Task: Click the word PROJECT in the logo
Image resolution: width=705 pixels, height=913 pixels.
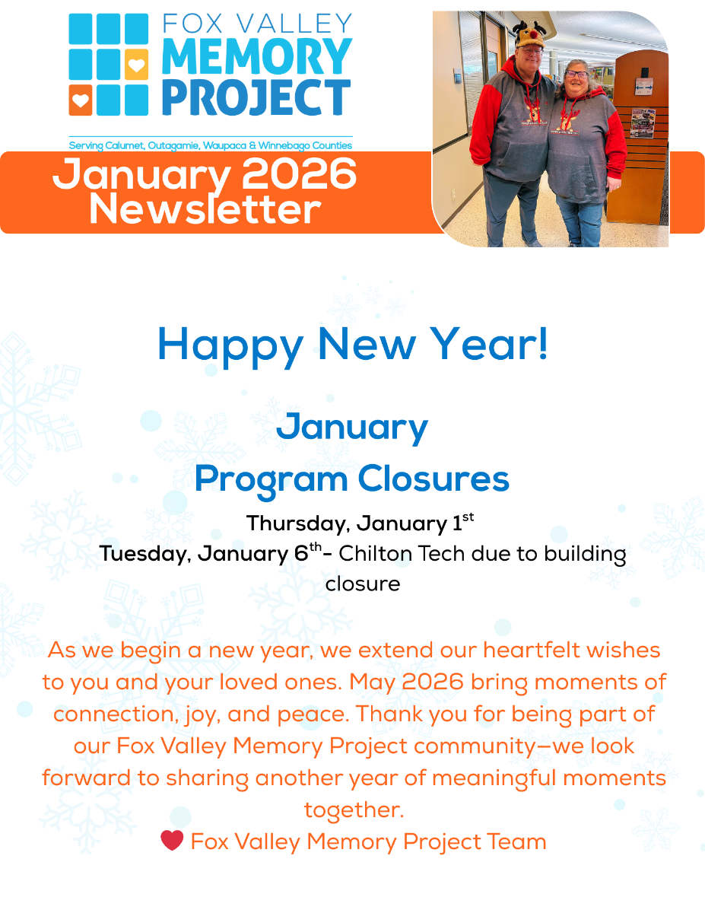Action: tap(256, 97)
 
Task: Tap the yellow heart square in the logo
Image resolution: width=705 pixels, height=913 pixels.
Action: tap(136, 64)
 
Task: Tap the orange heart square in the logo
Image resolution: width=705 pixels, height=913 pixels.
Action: tap(81, 100)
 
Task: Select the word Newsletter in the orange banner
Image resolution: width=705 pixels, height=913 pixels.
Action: tap(205, 209)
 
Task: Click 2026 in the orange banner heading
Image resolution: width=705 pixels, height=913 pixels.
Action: tap(299, 173)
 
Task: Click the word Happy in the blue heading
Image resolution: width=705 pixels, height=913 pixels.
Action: tap(230, 346)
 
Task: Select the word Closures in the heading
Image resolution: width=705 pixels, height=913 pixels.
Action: tap(433, 479)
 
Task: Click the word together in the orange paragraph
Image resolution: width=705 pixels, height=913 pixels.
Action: tap(354, 810)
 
